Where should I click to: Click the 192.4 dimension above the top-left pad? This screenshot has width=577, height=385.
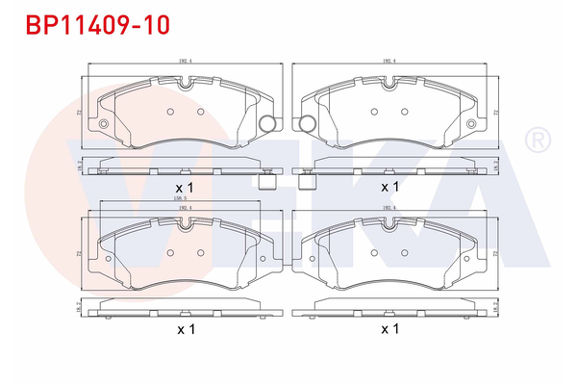point(183,61)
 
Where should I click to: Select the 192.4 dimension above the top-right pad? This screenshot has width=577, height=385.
point(389,61)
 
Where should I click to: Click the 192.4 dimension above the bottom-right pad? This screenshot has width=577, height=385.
point(389,208)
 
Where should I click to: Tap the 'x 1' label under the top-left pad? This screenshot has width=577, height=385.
point(185,186)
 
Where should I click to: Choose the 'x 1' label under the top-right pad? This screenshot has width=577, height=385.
point(389,186)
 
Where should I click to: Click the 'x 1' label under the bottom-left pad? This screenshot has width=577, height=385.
point(185,329)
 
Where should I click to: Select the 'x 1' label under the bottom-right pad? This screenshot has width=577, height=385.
point(389,329)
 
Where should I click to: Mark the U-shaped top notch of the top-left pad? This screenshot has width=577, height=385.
point(184,86)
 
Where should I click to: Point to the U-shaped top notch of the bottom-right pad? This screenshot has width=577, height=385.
point(389,229)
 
